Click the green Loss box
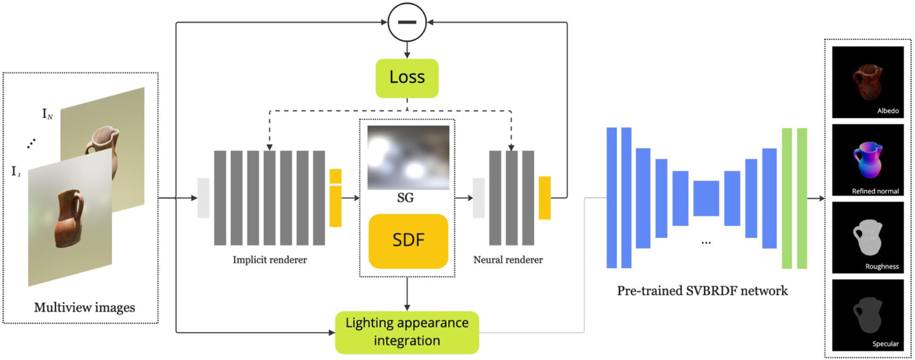pyautogui.click(x=407, y=78)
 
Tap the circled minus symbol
pyautogui.click(x=407, y=23)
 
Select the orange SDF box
pyautogui.click(x=408, y=241)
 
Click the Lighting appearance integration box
pyautogui.click(x=407, y=332)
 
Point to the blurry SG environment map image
pyautogui.click(x=408, y=157)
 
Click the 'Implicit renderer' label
pyautogui.click(x=270, y=260)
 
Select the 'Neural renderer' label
pyautogui.click(x=508, y=260)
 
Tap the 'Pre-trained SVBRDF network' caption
pyautogui.click(x=702, y=291)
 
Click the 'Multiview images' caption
pyautogui.click(x=84, y=308)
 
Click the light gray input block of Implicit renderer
pyautogui.click(x=203, y=198)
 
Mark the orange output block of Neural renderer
pyautogui.click(x=544, y=198)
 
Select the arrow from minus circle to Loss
pyautogui.click(x=407, y=49)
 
